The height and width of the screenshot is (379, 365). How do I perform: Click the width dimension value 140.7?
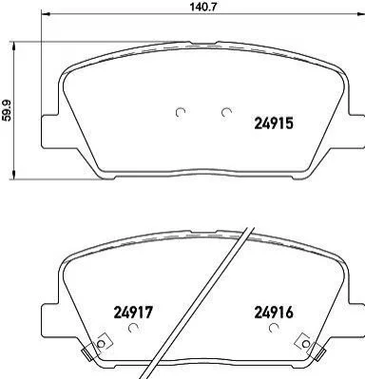point(202,7)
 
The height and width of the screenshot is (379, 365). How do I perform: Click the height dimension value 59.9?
point(7,110)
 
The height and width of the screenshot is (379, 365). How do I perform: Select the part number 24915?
point(274,123)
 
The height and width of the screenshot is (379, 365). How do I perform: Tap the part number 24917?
point(133,313)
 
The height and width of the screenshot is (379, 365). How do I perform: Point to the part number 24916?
point(274,313)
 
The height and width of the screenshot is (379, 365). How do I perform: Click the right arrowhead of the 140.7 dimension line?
point(360,13)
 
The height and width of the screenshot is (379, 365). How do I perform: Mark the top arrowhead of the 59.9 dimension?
point(13,47)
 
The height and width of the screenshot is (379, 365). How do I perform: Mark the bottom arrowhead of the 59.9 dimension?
point(13,175)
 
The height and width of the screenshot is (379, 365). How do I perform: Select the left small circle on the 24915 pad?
point(181,112)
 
